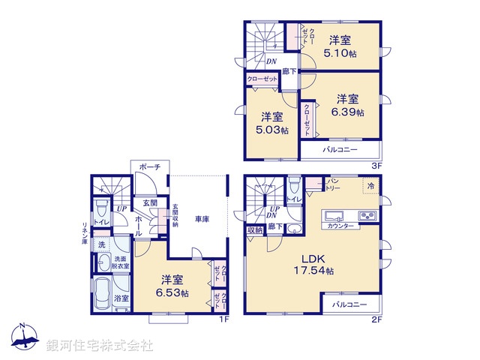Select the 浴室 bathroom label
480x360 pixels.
(121, 298)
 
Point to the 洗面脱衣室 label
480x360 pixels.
(121, 262)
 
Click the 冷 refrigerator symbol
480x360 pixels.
(370, 185)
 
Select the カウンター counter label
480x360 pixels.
(340, 226)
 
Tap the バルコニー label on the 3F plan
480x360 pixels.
(339, 149)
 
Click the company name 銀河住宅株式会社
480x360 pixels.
(100, 346)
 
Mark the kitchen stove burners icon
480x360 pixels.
(369, 216)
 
